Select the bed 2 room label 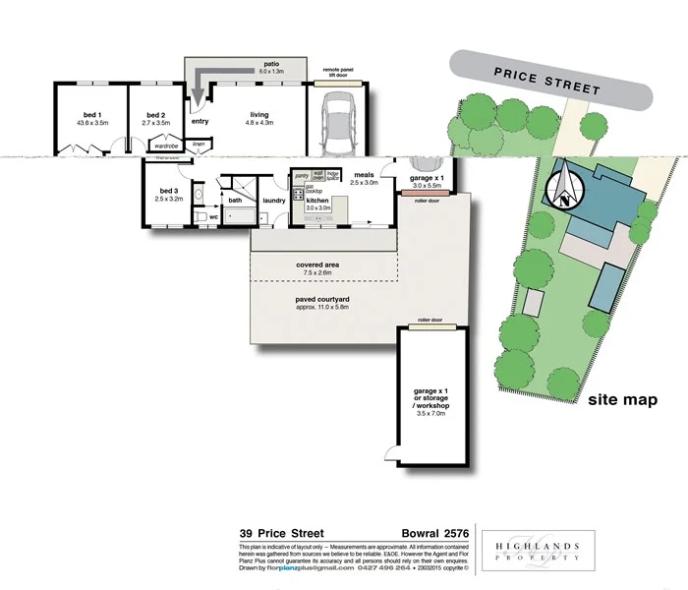(x=156, y=117)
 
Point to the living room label (x=258, y=117)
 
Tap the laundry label (x=274, y=201)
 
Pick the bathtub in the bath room (x=240, y=213)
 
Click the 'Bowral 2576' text (x=433, y=534)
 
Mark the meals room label (x=364, y=178)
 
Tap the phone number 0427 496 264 (x=382, y=568)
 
